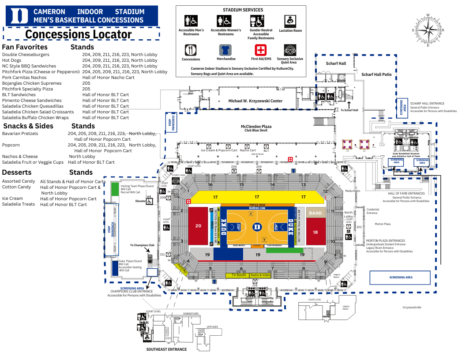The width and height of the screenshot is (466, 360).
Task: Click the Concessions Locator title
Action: point(79,34)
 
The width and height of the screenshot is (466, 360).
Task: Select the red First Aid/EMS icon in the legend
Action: point(261,50)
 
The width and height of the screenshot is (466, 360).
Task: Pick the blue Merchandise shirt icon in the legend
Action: point(225,50)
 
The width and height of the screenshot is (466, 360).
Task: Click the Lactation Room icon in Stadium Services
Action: point(290,21)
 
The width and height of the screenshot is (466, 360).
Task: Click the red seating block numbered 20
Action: point(199,225)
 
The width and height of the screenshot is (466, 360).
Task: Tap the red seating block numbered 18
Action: point(316,232)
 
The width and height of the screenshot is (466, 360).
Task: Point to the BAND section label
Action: point(316,213)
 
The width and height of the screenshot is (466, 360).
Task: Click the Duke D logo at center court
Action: point(257,227)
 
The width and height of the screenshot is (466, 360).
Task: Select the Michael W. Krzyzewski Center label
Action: point(255,101)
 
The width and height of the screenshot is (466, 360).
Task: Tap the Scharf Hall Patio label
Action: point(376,75)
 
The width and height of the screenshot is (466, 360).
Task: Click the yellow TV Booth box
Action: point(238,275)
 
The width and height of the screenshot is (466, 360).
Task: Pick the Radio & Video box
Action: point(260,275)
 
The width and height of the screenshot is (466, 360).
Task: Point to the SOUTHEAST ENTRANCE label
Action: point(166,349)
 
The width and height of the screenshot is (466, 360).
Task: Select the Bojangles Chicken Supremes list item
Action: point(32,83)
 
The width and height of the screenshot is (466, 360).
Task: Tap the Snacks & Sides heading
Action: point(28,126)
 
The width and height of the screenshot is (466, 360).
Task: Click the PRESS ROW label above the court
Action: point(257,205)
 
